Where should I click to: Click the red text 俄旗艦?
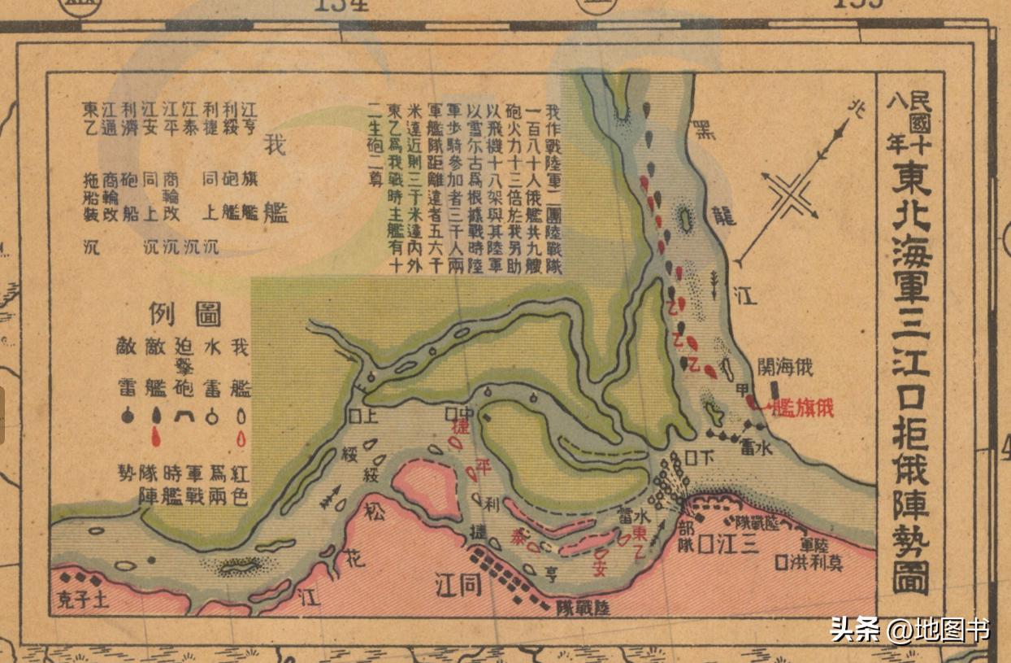(803, 408)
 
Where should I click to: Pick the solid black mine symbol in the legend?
(126, 415)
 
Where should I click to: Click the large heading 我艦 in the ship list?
(276, 179)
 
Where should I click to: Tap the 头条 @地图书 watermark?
(909, 629)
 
